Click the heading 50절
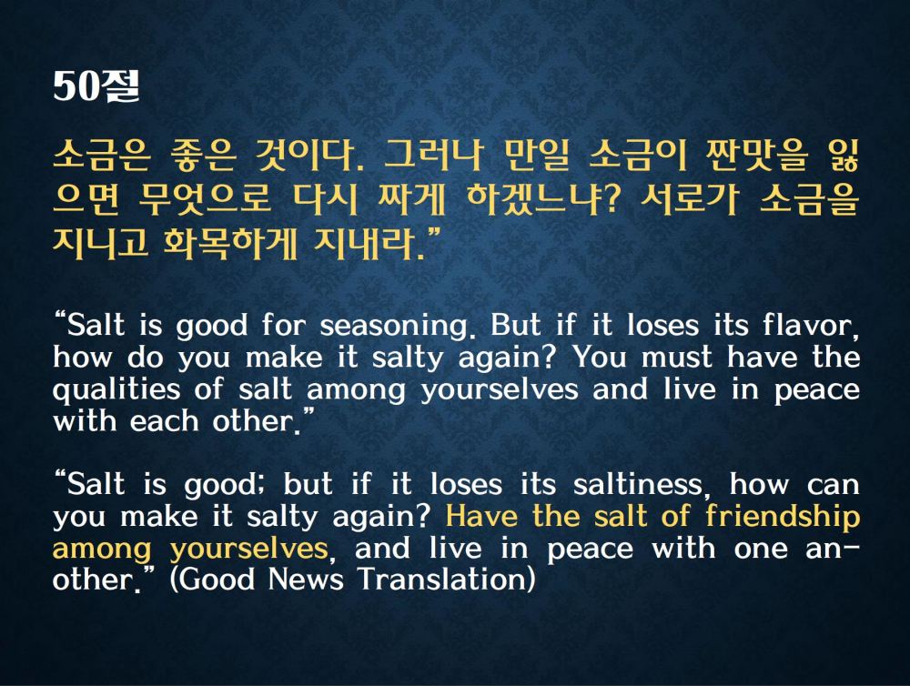click(x=96, y=86)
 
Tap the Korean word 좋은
click(x=203, y=156)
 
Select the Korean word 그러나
click(x=431, y=156)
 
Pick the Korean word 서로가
click(x=690, y=198)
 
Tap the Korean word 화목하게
click(x=230, y=242)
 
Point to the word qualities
click(x=116, y=390)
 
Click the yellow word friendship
click(x=783, y=517)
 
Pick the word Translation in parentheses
click(x=446, y=580)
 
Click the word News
click(x=306, y=579)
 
